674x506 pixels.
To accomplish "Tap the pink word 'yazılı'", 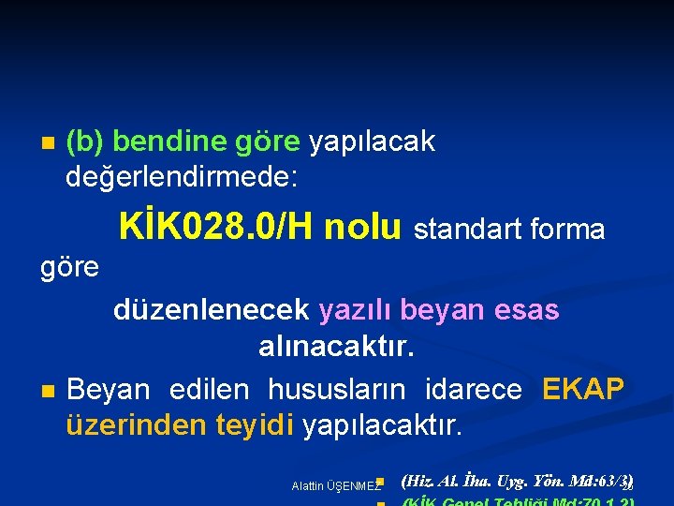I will (x=359, y=310).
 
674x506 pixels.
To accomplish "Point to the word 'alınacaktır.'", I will (x=336, y=348).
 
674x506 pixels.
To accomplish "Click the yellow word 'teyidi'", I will (x=256, y=425).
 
